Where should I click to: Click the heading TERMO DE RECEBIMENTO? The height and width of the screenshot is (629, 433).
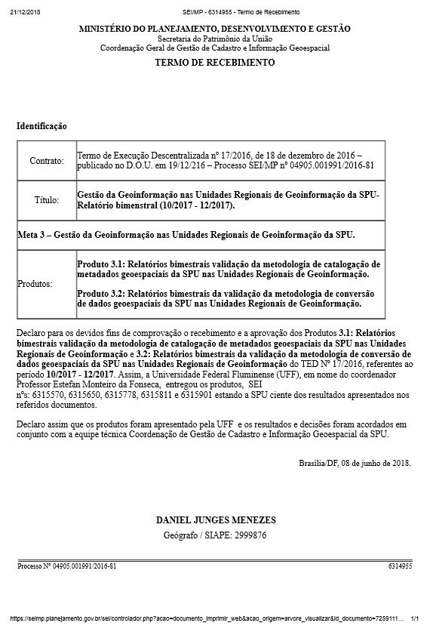tap(215, 63)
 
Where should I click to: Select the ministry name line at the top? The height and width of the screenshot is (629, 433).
tap(215, 29)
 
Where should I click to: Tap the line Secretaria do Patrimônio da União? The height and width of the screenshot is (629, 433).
tap(215, 38)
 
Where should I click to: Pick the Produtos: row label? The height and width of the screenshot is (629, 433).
tap(36, 285)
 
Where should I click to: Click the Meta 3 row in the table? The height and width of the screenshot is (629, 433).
tap(186, 235)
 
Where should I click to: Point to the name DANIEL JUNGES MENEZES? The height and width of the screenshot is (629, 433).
tap(215, 521)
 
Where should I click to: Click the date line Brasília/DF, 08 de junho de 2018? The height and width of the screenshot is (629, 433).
tap(355, 461)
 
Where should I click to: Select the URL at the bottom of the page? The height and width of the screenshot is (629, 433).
tap(204, 618)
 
